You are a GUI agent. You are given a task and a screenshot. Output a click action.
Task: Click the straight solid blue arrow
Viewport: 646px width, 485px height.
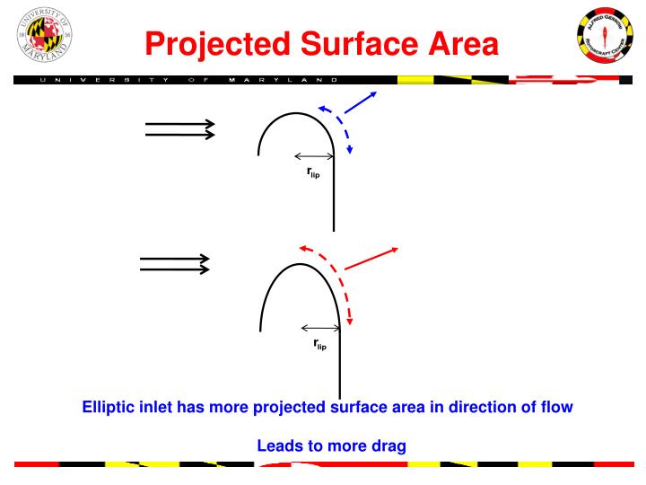click(360, 102)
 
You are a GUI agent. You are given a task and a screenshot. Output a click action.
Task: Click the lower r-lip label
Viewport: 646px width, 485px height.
click(320, 344)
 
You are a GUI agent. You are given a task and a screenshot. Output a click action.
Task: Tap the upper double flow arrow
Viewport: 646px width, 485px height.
click(180, 130)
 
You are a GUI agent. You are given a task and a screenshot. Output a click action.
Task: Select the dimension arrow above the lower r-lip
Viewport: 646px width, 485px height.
click(319, 328)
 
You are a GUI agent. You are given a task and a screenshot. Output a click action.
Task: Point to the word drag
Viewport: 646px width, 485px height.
click(387, 445)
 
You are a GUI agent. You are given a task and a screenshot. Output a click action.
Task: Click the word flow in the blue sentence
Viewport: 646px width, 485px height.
click(553, 408)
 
